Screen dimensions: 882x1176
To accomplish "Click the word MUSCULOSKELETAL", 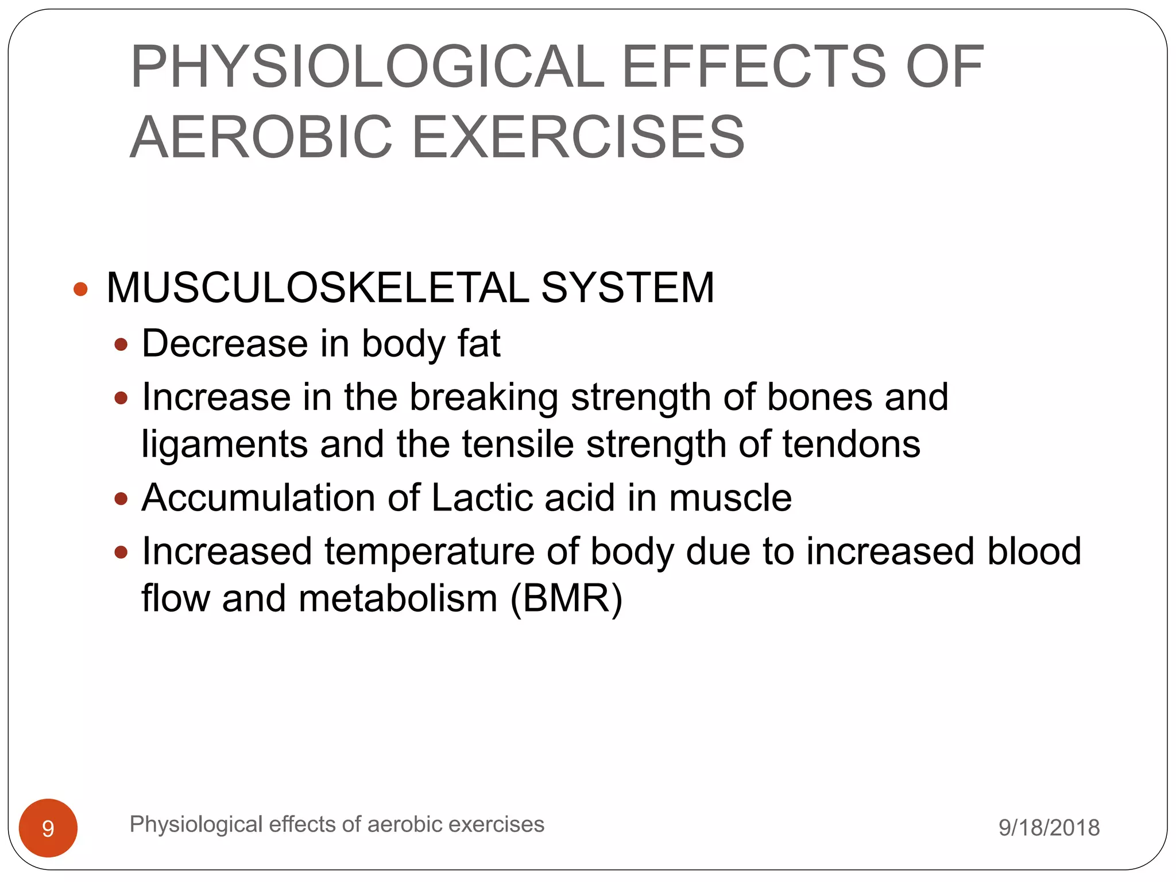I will click(x=318, y=288).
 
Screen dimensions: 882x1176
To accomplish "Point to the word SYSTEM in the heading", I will click(x=628, y=288).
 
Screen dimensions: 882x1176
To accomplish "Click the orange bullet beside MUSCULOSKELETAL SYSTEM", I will click(x=81, y=288).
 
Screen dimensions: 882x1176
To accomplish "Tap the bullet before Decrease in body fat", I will click(x=121, y=345).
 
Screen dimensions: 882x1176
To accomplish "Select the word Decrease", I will click(x=225, y=343).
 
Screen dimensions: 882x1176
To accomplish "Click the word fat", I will click(x=479, y=343).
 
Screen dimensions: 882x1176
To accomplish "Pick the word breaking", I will click(x=483, y=397).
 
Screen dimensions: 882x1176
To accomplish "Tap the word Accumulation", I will click(x=258, y=497).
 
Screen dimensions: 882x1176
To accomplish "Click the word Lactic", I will click(x=482, y=497).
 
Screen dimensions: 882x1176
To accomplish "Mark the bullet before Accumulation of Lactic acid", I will click(x=121, y=498).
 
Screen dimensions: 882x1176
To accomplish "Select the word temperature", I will click(x=430, y=551).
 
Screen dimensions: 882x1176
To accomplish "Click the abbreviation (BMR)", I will click(x=566, y=598).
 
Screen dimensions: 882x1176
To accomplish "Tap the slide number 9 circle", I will click(x=48, y=828).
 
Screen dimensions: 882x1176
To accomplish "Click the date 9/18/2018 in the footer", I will click(x=1049, y=827).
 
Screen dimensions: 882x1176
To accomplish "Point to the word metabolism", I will click(x=398, y=598).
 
